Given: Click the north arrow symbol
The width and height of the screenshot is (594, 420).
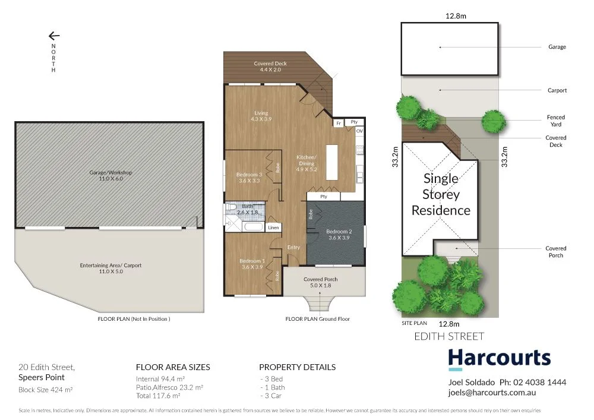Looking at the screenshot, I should tap(54, 36).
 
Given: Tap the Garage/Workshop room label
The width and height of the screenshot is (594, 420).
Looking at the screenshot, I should tap(110, 175).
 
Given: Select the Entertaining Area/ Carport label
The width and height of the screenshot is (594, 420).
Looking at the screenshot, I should tap(110, 269).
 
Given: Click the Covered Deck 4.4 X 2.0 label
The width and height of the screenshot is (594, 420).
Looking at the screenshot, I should tap(270, 67).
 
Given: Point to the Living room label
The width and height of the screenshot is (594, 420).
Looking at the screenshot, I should tap(261, 116).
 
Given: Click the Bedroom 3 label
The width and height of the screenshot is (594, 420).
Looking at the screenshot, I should tap(249, 177).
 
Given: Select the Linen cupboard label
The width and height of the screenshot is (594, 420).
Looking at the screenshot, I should tap(273, 228).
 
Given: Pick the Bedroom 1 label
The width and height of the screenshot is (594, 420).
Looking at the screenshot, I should tap(252, 264).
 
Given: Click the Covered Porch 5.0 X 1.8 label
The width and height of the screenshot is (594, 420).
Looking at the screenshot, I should tap(321, 282).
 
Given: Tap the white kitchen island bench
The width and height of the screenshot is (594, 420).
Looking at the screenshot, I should tap(331, 162).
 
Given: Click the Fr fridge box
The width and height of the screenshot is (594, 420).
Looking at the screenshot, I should tap(339, 122).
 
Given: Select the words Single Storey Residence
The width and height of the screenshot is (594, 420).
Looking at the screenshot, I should tap(441, 194).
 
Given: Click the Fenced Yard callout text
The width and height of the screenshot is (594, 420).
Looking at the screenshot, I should tap(556, 121).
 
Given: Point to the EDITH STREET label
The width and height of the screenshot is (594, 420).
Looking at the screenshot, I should tap(449, 337).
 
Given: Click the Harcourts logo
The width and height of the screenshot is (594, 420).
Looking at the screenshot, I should tap(499, 359).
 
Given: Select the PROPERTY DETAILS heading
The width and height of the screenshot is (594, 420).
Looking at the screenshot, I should tap(297, 367).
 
